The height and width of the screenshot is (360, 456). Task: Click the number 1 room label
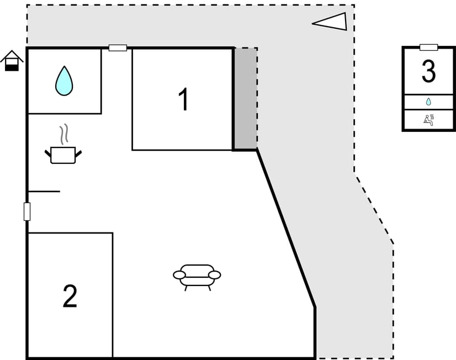coord(184,99)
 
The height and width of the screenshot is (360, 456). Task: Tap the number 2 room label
coord(70,296)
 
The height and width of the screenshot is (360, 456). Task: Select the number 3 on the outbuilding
coord(428,71)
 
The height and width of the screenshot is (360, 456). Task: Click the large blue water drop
coord(64,81)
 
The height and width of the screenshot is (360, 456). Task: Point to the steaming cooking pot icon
coord(63,144)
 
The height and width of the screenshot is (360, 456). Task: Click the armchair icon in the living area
coord(197,277)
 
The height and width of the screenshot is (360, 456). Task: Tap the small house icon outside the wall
coord(12,61)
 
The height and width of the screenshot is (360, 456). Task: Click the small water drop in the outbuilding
coord(428,102)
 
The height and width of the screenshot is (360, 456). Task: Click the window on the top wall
coord(118,47)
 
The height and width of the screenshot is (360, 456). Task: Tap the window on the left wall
coord(26,211)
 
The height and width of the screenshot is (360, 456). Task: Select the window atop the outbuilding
coord(428,47)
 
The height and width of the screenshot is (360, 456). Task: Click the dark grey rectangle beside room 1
coord(246,99)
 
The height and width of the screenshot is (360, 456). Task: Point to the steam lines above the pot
coord(64,134)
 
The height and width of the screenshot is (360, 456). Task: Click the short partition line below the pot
coord(44,192)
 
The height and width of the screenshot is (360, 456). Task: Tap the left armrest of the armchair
coord(179,275)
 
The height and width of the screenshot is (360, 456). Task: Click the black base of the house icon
coord(12,68)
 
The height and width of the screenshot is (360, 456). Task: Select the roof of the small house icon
coord(12,56)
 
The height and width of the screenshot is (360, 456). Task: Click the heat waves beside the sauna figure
coord(432,118)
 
